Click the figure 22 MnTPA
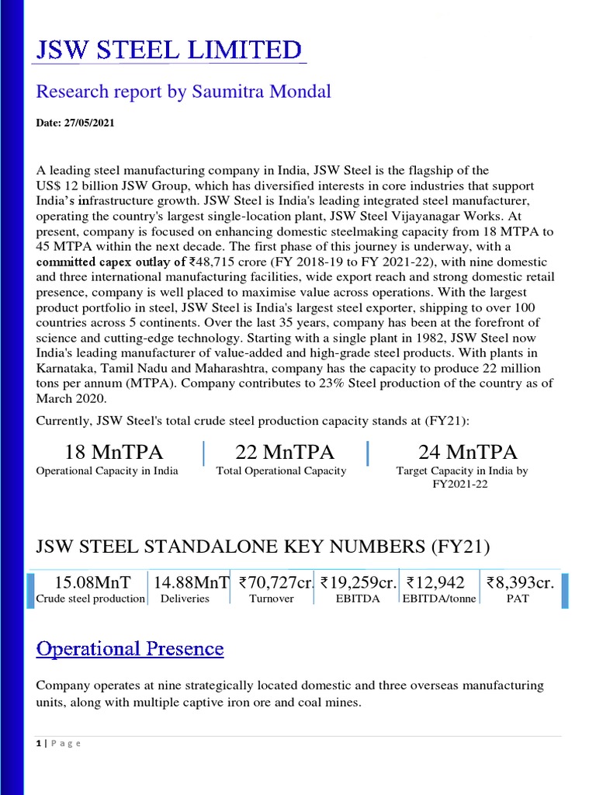(x=281, y=452)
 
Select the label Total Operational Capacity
(x=281, y=470)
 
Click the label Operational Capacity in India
(x=107, y=470)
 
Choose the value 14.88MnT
(x=191, y=582)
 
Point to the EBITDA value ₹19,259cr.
(x=359, y=582)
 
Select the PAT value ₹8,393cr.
(x=520, y=582)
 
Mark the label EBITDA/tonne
(x=439, y=599)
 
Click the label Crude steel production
(x=91, y=599)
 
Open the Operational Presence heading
(x=130, y=648)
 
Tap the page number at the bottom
(x=38, y=743)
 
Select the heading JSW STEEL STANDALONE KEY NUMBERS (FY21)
(x=263, y=547)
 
